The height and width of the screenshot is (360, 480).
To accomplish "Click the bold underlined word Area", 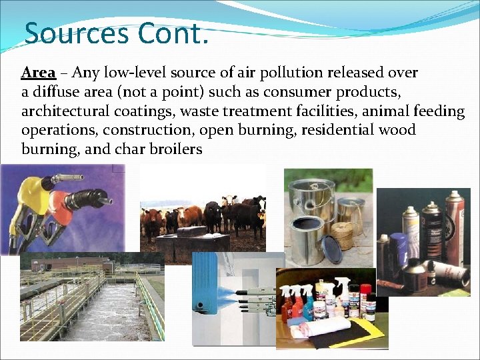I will click(38, 72).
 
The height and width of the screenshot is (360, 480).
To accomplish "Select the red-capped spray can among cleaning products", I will click(365, 301).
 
